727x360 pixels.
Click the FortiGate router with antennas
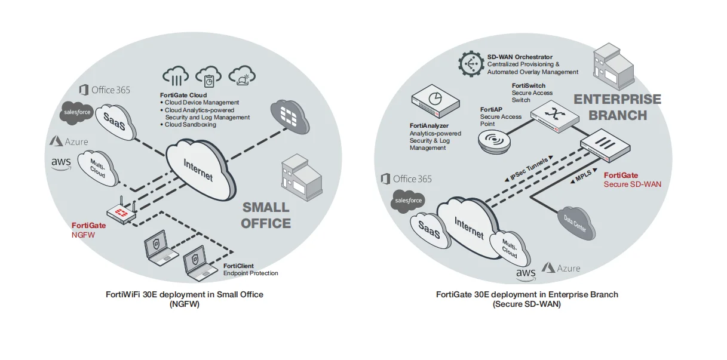pyautogui.click(x=121, y=213)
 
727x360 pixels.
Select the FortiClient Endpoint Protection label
pyautogui.click(x=250, y=269)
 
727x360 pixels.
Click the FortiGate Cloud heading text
pyautogui.click(x=183, y=95)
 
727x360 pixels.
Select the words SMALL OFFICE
pyautogui.click(x=266, y=216)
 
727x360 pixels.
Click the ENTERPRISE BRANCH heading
pyautogui.click(x=617, y=107)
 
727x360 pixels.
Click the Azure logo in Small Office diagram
pyautogui.click(x=69, y=141)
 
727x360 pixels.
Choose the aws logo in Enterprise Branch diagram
pyautogui.click(x=526, y=273)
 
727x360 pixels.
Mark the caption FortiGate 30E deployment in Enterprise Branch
pyautogui.click(x=527, y=294)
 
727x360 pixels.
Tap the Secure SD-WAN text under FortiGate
pyautogui.click(x=633, y=184)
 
